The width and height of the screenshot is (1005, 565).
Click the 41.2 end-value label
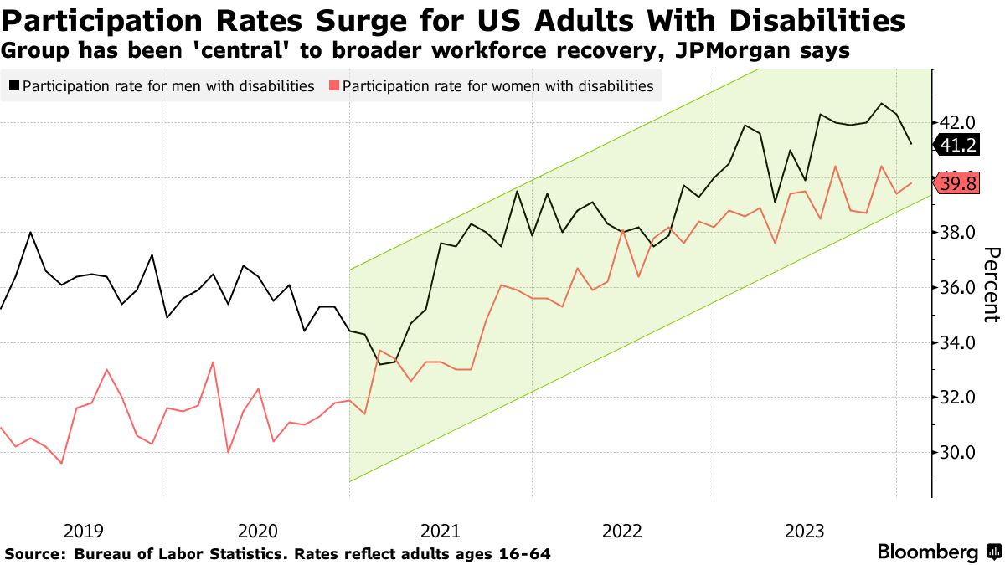pos(958,145)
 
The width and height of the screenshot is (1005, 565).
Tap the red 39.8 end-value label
pos(958,184)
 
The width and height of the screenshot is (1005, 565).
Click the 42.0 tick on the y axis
pos(955,123)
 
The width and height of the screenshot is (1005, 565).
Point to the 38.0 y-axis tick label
pos(955,233)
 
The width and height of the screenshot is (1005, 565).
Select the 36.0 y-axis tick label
pos(955,288)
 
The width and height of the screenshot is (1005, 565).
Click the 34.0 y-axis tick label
pos(955,342)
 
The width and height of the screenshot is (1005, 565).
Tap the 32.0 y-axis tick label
pos(955,398)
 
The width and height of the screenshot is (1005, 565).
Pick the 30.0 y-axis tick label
pos(955,453)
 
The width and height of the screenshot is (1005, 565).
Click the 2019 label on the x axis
pos(82,531)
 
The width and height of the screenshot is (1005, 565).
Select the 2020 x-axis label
pos(258,531)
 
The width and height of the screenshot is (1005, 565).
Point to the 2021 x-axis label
pos(441,531)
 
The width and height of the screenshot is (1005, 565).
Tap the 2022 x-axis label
pos(623,531)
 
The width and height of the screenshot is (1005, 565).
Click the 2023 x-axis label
pos(805,531)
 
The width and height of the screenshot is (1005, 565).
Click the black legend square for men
pos(14,86)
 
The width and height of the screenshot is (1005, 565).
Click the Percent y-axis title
pos(991,285)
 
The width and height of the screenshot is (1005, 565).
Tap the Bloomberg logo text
pos(927,552)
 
